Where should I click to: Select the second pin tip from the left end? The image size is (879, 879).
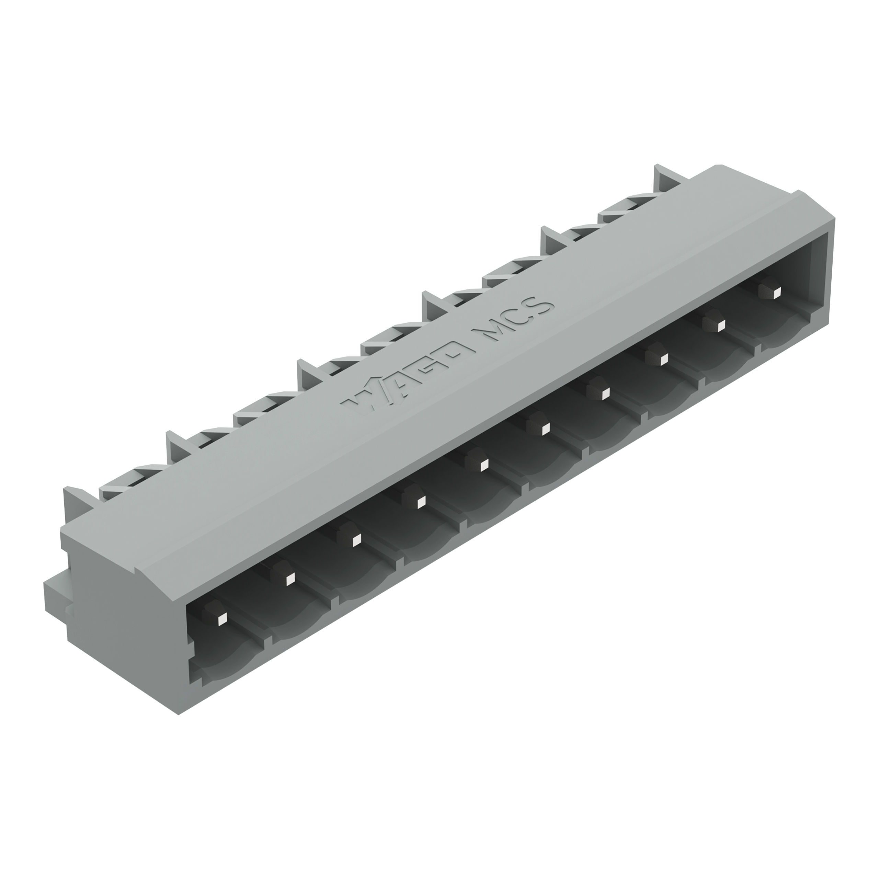coord(289,580)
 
